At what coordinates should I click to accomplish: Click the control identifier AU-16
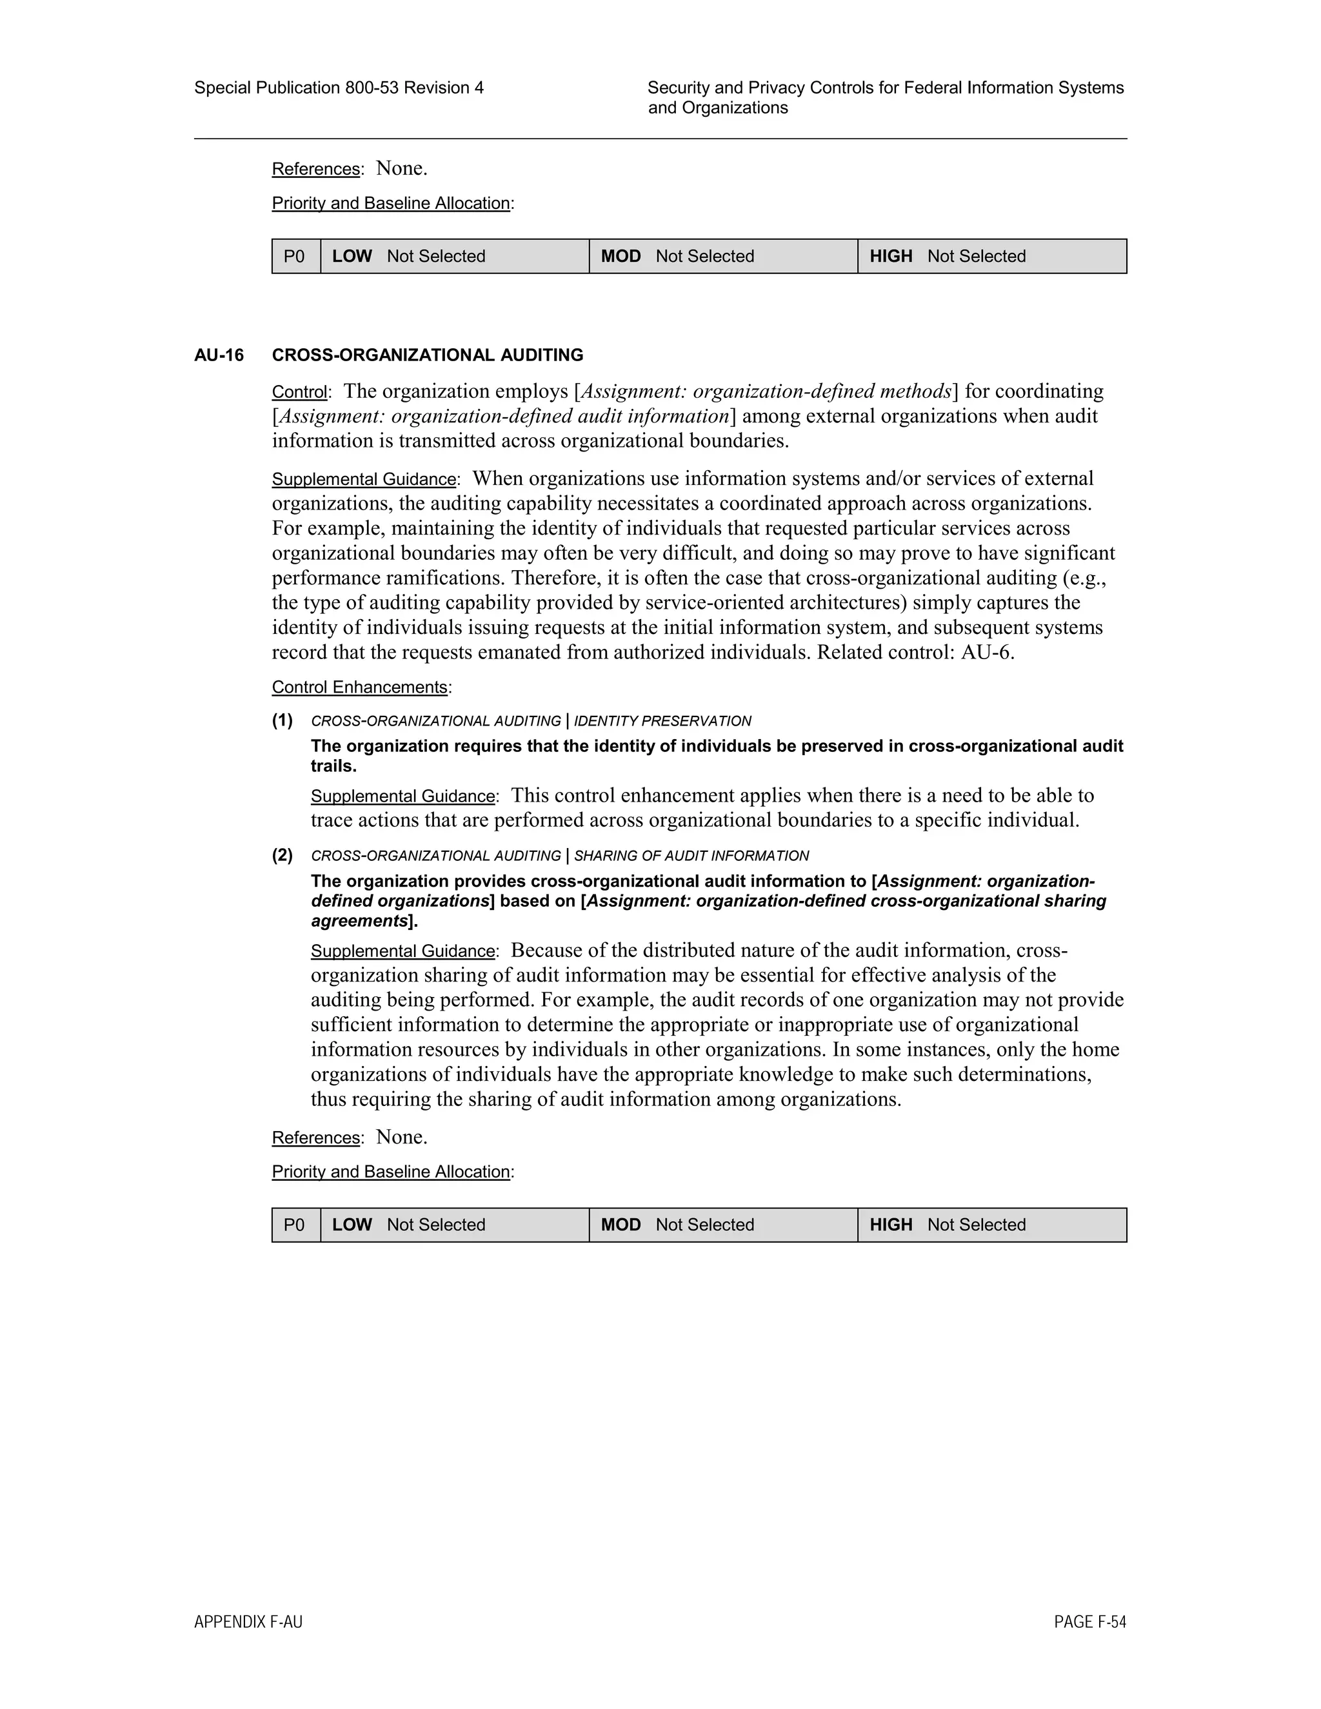click(x=219, y=355)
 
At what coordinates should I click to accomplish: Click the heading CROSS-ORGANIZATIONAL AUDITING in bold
click(x=427, y=355)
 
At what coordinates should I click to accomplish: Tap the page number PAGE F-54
click(x=1089, y=1622)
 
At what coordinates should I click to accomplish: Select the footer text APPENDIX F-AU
click(x=248, y=1622)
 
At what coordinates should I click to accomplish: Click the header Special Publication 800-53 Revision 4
click(x=339, y=88)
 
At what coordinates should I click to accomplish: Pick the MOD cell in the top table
click(x=722, y=257)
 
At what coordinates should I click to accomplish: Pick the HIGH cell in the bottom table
click(x=991, y=1225)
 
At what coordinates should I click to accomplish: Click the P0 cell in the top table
click(x=295, y=257)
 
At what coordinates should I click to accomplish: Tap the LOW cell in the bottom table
click(x=454, y=1225)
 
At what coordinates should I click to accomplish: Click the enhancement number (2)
click(x=283, y=854)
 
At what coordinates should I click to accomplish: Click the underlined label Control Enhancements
click(x=359, y=687)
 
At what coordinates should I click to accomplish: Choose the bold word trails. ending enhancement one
click(x=333, y=766)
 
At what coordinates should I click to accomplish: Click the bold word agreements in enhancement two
click(x=360, y=921)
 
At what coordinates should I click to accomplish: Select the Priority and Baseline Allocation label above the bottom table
click(x=392, y=1171)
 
